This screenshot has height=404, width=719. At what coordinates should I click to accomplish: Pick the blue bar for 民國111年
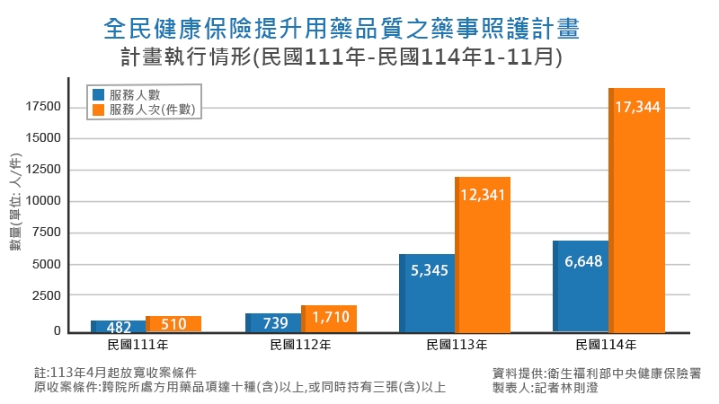coord(118,326)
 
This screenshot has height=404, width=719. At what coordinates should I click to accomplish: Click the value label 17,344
coord(638,107)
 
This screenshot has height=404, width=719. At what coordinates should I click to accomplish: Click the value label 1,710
coord(330,316)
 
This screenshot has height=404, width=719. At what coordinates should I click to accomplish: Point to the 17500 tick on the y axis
coord(43,107)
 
